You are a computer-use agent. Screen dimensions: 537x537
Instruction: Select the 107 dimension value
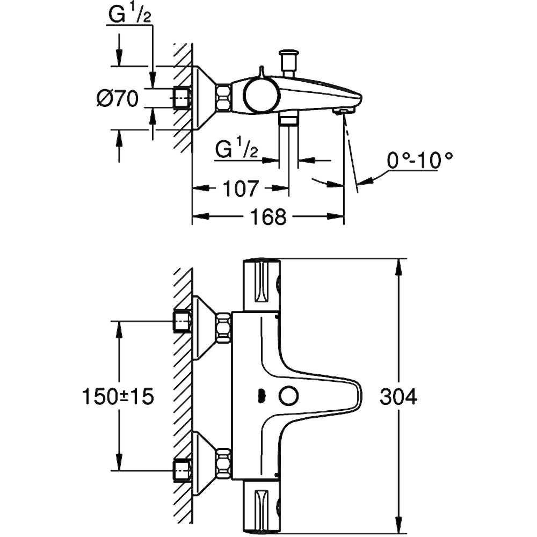(241, 188)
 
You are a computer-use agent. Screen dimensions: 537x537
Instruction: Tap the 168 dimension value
(268, 216)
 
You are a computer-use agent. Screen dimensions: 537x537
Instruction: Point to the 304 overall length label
(399, 397)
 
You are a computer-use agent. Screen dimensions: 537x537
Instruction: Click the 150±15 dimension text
(118, 397)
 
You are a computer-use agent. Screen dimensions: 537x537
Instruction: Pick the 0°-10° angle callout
(419, 160)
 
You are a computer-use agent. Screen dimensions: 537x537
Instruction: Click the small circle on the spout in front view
(289, 397)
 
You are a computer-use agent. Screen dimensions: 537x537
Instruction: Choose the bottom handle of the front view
(262, 506)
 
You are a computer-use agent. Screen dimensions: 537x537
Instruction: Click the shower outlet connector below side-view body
(288, 119)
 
